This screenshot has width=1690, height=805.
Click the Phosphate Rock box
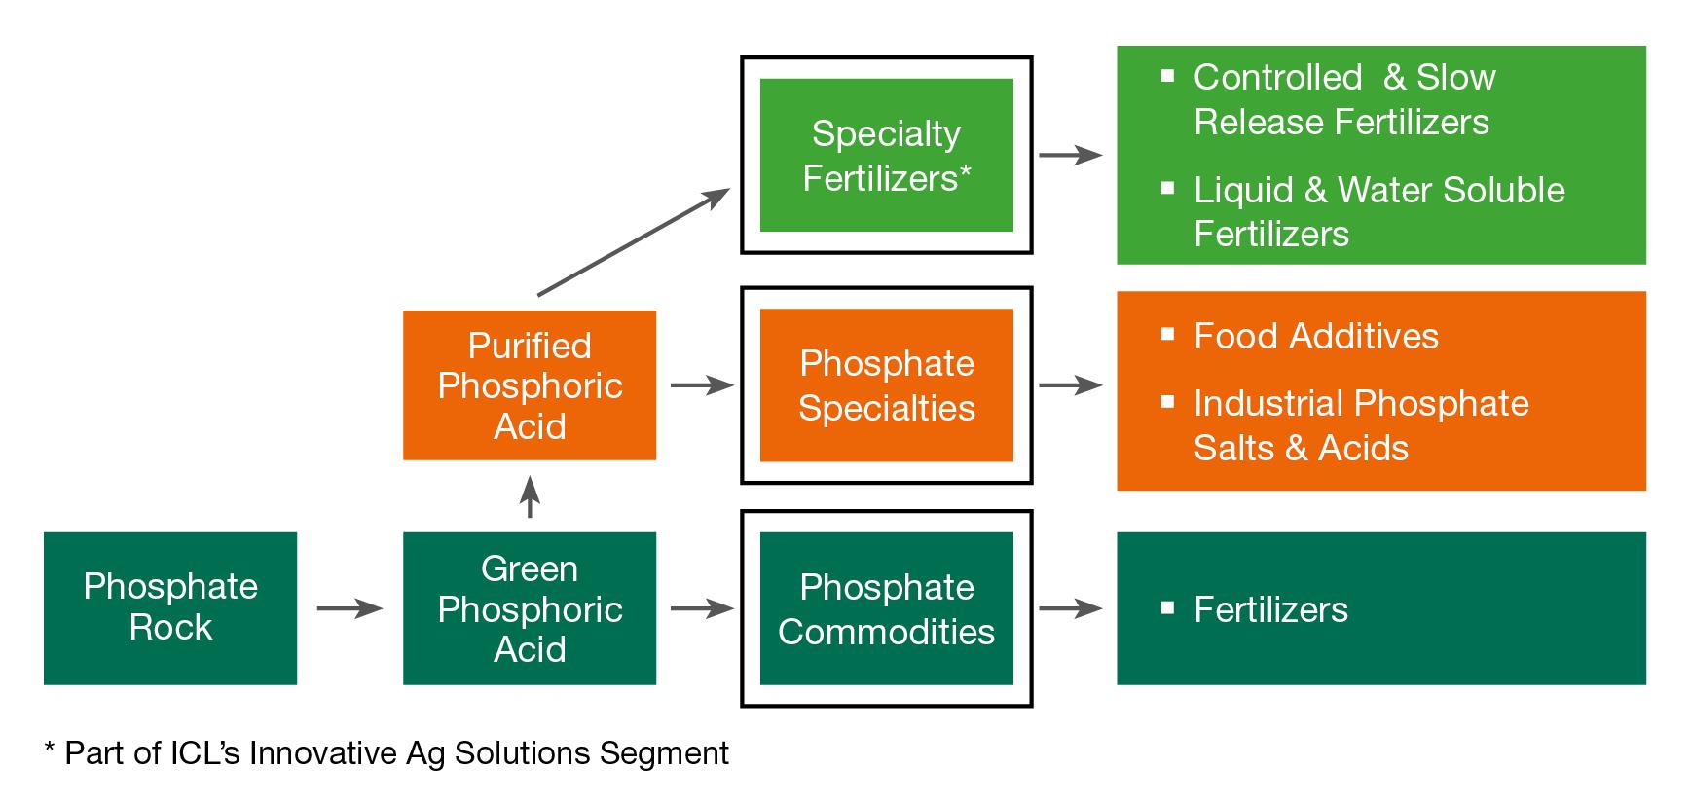point(170,607)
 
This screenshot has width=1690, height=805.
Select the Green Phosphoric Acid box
point(529,607)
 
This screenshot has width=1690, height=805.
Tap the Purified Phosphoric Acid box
point(529,384)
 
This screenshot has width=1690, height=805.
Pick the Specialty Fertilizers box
point(886,155)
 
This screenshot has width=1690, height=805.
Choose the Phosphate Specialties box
point(886,384)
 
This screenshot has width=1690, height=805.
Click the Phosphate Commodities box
point(886,607)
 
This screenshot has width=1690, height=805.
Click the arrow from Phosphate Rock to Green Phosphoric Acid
point(349,609)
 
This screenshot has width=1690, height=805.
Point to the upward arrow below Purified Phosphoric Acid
point(530,496)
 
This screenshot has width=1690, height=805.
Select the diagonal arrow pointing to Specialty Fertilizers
point(633,241)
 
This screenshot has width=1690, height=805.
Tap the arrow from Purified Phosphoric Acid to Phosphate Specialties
point(702,385)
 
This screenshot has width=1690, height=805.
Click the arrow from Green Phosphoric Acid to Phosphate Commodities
point(702,609)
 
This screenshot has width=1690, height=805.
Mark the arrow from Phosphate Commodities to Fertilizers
point(1071,609)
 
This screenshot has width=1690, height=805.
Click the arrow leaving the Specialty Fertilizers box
point(1071,155)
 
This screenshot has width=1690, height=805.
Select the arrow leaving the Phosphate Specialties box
point(1071,385)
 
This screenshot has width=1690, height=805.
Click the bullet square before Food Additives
point(1168,334)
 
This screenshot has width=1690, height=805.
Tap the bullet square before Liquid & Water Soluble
point(1168,188)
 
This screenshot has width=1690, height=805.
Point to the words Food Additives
point(1315,336)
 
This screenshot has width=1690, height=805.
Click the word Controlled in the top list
point(1277,77)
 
